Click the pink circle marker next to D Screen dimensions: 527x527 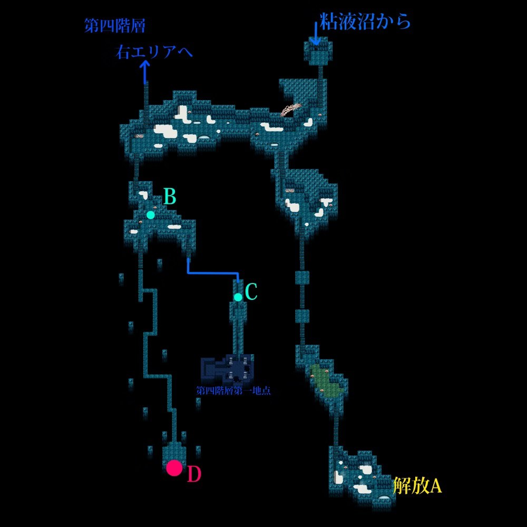coord(174,468)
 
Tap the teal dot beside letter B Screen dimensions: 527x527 coord(151,214)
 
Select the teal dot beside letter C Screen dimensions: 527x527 coord(238,297)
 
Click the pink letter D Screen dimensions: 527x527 coord(194,475)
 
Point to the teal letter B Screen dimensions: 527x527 coord(169,197)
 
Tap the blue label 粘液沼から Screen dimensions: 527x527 coord(364,22)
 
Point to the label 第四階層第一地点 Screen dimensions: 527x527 coord(233,391)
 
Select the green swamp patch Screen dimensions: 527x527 coord(328,381)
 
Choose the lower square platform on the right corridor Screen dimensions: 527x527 coord(302,316)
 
